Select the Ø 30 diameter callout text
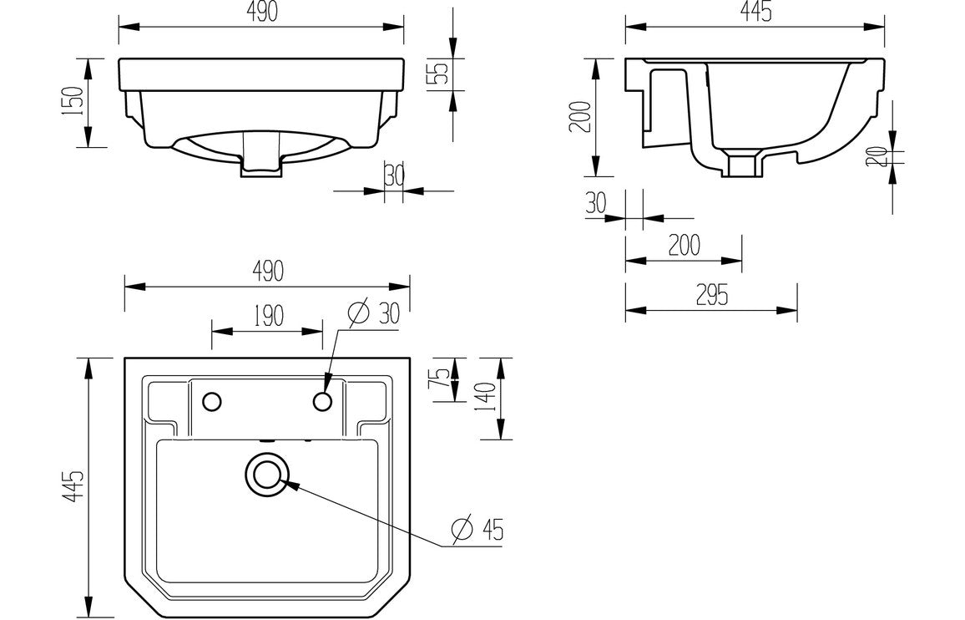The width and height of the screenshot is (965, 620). pyautogui.click(x=373, y=313)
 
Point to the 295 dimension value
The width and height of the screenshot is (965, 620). pyautogui.click(x=710, y=296)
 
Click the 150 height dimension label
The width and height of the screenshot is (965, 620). pyautogui.click(x=73, y=102)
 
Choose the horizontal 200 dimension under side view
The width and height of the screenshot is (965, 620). pyautogui.click(x=683, y=246)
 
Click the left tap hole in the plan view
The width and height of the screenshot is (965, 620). pyautogui.click(x=212, y=402)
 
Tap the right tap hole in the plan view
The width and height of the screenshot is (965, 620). pyautogui.click(x=323, y=402)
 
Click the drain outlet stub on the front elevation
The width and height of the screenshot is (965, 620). pyautogui.click(x=261, y=165)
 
